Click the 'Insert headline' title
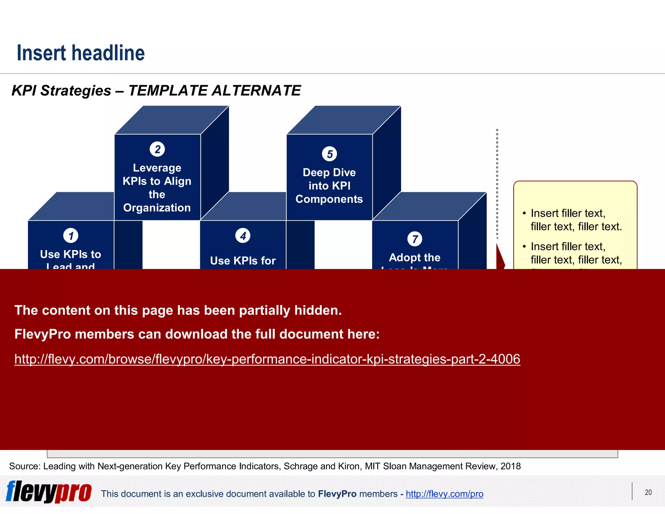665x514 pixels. click(81, 53)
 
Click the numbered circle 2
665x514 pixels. click(157, 149)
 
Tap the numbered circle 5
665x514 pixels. click(329, 154)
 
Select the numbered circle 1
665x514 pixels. click(71, 236)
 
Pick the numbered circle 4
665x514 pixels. click(243, 236)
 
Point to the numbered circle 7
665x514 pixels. click(415, 239)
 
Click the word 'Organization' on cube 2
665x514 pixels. click(157, 208)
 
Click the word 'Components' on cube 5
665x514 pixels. click(329, 199)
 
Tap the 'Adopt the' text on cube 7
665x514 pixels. click(415, 258)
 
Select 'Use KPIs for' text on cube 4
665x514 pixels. click(243, 261)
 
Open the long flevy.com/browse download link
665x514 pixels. click(267, 359)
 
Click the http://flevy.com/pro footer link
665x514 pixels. click(444, 494)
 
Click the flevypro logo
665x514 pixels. click(49, 492)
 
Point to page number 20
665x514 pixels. click(648, 492)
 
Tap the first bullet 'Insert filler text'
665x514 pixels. click(568, 213)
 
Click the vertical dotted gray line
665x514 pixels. click(497, 182)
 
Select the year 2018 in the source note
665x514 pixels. click(510, 466)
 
